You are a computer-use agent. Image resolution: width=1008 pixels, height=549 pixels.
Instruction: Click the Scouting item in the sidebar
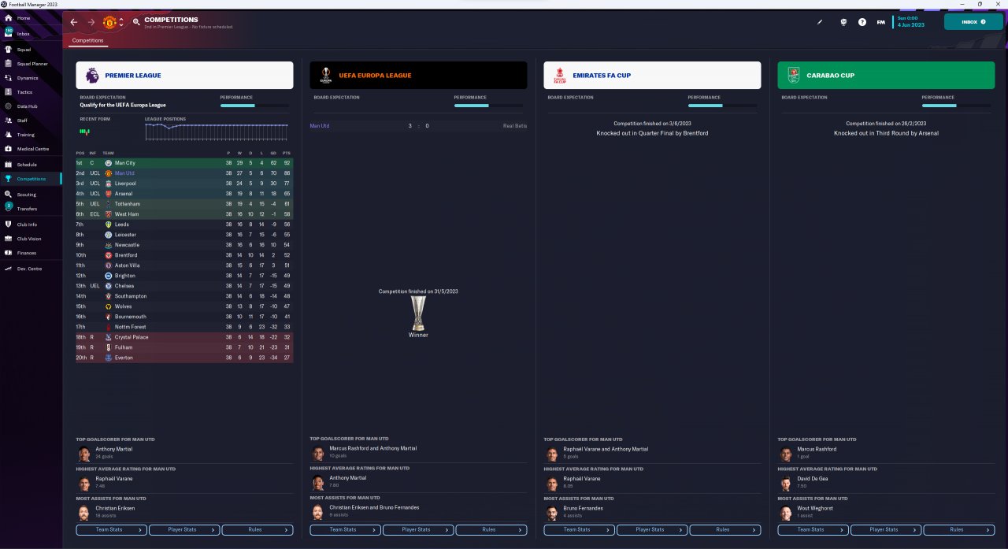(27, 194)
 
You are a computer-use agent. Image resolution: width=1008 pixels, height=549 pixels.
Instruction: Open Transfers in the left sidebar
(27, 209)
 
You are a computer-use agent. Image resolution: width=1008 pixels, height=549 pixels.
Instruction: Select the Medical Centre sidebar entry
(32, 149)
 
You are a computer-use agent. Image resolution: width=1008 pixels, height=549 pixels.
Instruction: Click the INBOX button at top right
(973, 22)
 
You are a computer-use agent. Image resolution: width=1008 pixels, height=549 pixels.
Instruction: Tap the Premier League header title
(133, 76)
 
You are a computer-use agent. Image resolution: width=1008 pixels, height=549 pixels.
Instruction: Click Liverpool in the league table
(125, 184)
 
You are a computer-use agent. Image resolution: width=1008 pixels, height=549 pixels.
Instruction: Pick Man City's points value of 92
(287, 163)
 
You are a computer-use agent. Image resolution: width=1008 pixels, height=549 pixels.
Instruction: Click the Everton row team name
(124, 358)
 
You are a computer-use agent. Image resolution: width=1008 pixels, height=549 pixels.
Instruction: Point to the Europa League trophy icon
(418, 313)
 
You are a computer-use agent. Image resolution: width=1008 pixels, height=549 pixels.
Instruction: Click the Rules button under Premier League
(257, 530)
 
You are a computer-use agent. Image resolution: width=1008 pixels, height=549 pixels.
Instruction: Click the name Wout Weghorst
(814, 508)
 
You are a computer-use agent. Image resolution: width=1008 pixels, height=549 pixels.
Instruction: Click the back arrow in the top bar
(74, 22)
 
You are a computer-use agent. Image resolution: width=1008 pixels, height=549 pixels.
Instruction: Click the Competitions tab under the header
(87, 40)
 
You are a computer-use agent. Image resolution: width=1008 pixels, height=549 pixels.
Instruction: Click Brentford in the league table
(126, 255)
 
